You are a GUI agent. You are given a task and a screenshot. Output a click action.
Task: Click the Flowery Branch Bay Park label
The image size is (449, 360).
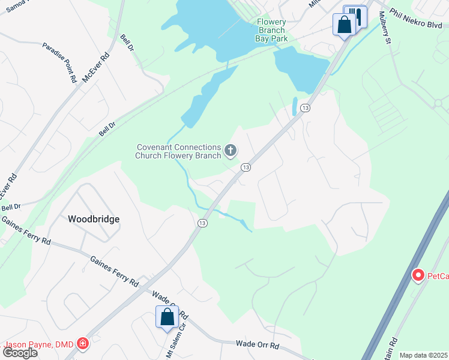point(272,30)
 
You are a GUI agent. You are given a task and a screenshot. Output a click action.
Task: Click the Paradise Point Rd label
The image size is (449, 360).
point(59,62)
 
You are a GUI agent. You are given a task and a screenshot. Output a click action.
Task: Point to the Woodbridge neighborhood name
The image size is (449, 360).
point(93,219)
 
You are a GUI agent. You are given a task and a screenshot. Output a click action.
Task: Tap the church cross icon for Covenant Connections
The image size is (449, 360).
point(230,150)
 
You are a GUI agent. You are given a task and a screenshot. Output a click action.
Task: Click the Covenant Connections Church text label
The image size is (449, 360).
point(178,151)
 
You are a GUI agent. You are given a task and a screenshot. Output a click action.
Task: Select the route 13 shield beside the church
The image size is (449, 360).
point(246,167)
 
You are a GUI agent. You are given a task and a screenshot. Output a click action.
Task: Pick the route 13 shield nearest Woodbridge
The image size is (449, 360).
point(202,223)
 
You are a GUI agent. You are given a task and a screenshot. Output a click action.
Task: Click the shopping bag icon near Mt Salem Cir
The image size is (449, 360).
point(167,316)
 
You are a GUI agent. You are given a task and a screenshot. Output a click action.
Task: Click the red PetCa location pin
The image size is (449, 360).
point(418,275)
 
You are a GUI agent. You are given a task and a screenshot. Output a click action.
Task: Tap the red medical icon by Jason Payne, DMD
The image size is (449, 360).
point(82,344)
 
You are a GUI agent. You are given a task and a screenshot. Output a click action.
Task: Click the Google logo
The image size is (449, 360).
point(20,353)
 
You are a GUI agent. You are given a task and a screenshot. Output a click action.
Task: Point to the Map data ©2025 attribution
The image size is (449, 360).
point(423,355)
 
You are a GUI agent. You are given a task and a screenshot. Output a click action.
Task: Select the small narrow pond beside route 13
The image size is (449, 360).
point(295,106)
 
